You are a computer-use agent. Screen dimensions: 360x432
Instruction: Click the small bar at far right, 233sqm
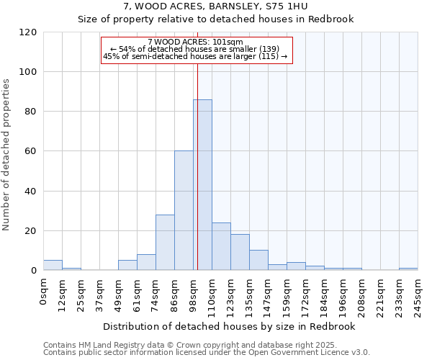408,269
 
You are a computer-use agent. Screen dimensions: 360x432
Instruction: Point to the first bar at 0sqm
53,265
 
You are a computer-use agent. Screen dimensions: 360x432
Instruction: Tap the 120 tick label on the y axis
28,32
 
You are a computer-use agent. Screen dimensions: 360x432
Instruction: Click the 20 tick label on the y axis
31,231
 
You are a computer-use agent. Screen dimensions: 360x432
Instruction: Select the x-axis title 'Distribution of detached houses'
230,327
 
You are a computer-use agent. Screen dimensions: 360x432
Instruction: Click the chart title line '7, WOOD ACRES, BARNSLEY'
215,6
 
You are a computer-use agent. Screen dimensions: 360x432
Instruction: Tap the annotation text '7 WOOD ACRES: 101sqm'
195,42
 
